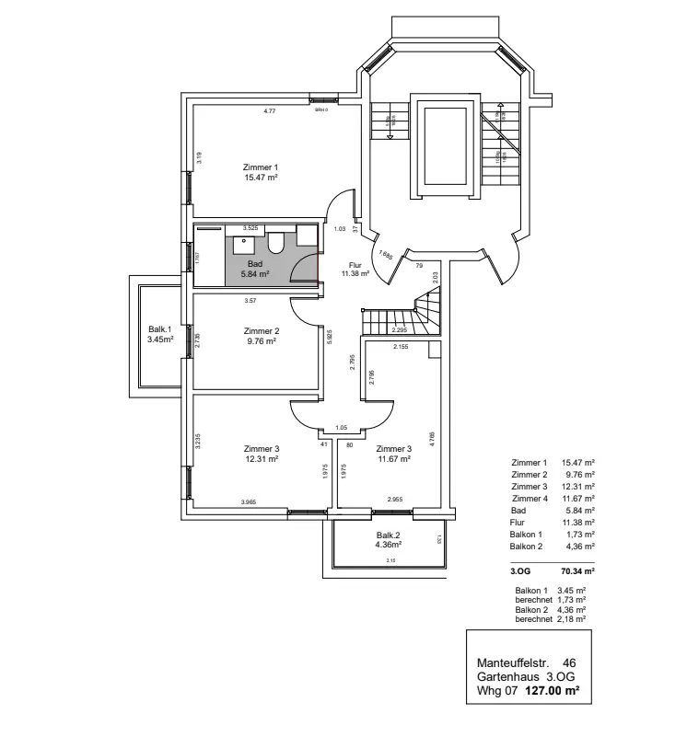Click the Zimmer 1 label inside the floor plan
coord(261,167)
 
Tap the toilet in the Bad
coord(275,244)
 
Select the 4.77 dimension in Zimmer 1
coord(270,111)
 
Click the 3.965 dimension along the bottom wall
coord(249,502)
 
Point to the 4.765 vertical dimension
coord(432,435)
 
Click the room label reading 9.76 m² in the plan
coord(262,340)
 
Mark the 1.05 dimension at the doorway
coord(342,428)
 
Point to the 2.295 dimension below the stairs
coord(400,330)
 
